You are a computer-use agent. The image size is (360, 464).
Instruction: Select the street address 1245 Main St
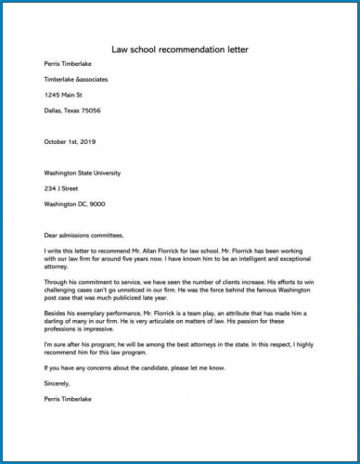point(64,95)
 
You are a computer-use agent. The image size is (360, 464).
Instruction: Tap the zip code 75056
point(90,110)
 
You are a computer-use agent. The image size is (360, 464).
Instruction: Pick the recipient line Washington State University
point(82,173)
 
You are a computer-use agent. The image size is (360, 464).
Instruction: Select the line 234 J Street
point(60,188)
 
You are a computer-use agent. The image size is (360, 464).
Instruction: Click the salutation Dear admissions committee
point(83,235)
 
